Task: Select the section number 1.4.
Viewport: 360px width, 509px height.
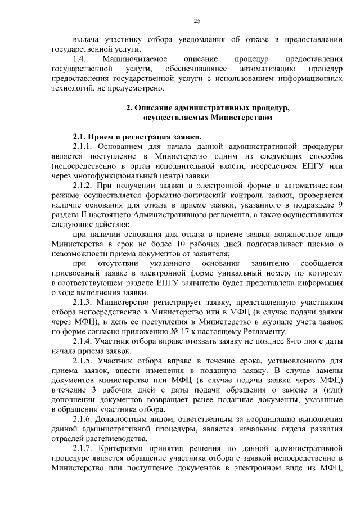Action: pyautogui.click(x=79, y=59)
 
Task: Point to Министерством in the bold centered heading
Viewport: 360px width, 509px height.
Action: pyautogui.click(x=242, y=118)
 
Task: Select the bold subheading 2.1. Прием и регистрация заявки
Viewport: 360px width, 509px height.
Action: pyautogui.click(x=137, y=137)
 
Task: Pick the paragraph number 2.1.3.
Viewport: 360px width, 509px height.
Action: pyautogui.click(x=84, y=302)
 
